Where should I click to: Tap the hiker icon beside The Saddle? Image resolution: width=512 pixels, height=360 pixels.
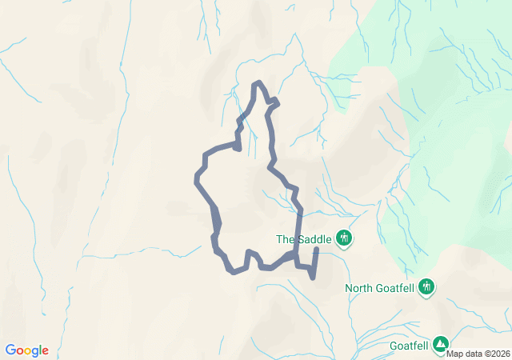(x=345, y=238)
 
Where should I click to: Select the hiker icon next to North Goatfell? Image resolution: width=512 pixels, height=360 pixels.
(x=427, y=286)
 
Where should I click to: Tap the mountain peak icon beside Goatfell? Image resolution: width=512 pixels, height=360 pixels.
(x=441, y=344)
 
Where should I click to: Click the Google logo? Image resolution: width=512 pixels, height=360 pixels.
(x=26, y=350)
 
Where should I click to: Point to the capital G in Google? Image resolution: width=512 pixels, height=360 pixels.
(x=10, y=350)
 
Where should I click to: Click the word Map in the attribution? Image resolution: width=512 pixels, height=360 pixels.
(x=455, y=354)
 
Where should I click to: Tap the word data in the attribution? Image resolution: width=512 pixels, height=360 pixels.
(x=473, y=354)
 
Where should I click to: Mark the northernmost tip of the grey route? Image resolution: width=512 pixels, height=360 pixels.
(x=257, y=82)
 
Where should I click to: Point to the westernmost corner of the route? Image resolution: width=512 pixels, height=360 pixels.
(x=196, y=178)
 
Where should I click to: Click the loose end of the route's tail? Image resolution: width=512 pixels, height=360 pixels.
(x=317, y=250)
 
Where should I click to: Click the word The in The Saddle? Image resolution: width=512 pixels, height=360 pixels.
(x=286, y=238)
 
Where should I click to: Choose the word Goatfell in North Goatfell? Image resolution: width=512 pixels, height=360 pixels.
(x=397, y=288)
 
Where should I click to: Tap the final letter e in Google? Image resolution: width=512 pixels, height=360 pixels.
(x=45, y=351)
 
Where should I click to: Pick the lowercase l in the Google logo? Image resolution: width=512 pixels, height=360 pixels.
(x=39, y=350)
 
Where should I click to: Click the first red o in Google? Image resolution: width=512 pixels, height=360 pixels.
(x=19, y=351)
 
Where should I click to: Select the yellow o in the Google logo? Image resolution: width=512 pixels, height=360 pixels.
(x=27, y=351)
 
